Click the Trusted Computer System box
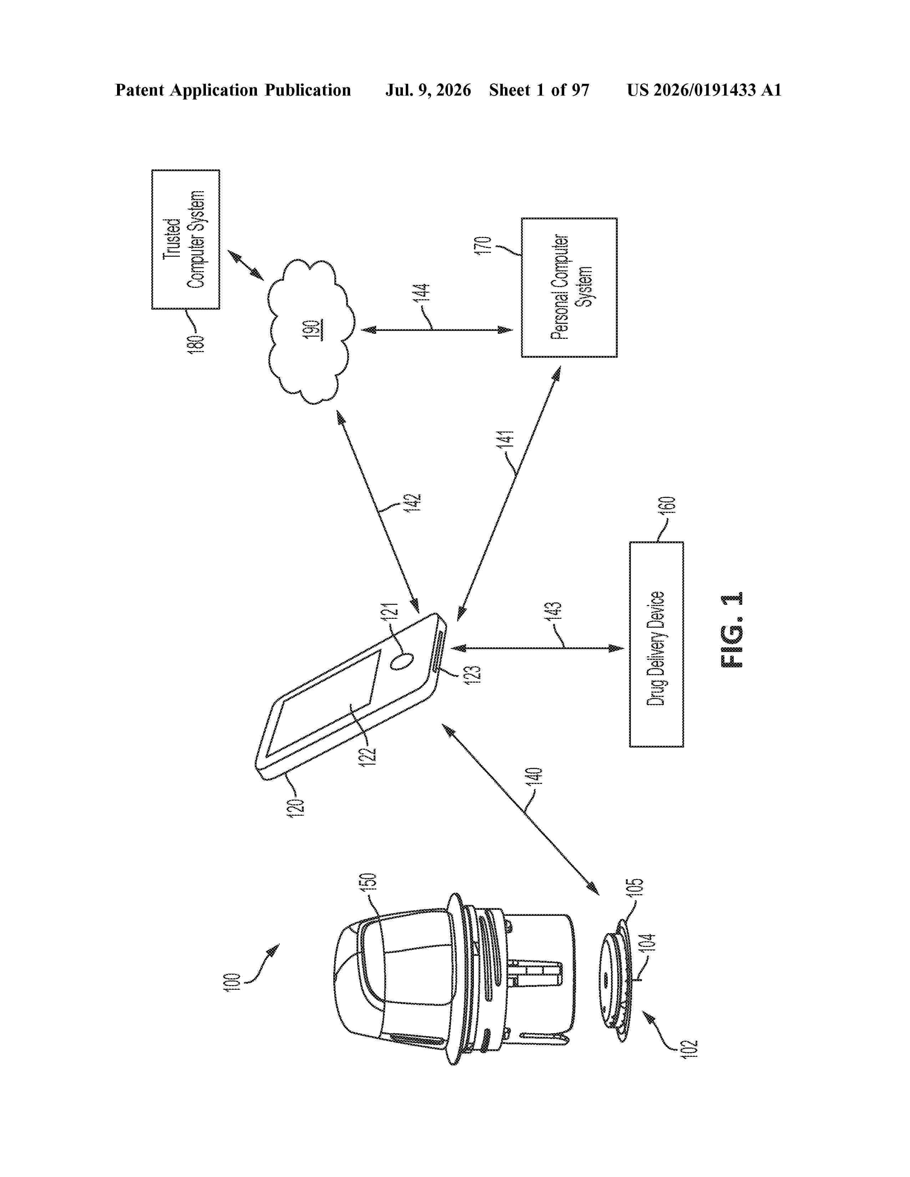pos(186,239)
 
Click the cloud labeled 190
pos(311,331)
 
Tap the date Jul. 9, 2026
pos(428,90)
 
